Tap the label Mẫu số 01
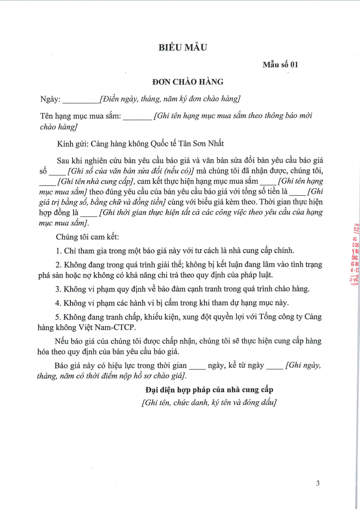280,64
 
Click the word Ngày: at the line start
50,99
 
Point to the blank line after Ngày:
80,100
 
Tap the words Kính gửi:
73,144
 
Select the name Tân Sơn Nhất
203,144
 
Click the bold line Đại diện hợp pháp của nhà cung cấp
209,390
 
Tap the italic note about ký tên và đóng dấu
209,402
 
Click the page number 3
318,483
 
